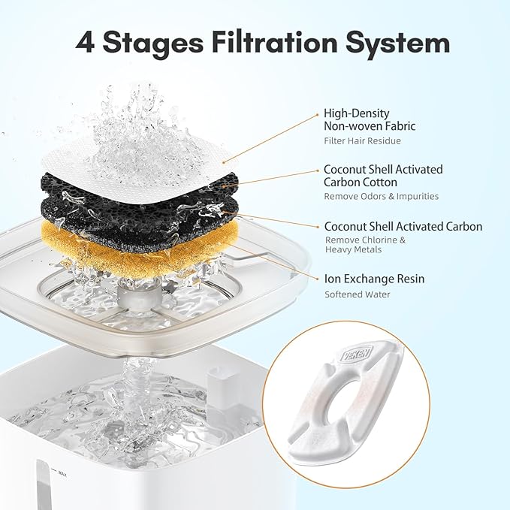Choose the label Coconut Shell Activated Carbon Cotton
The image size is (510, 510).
pyautogui.click(x=383, y=176)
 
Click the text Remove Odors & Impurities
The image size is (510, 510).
pyautogui.click(x=381, y=197)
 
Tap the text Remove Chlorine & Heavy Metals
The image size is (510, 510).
pyautogui.click(x=365, y=245)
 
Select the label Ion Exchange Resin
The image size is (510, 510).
pyautogui.click(x=374, y=279)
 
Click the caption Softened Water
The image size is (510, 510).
pyautogui.click(x=358, y=294)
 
